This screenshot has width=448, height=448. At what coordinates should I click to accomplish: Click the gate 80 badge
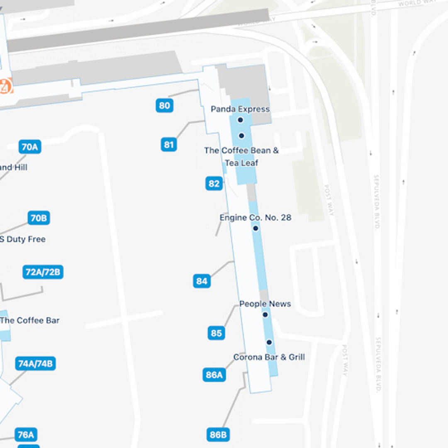[165, 105]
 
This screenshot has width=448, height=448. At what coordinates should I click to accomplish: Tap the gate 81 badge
[168, 144]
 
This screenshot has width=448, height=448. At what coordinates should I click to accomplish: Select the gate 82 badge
[214, 183]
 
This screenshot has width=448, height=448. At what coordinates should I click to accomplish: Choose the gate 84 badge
[202, 281]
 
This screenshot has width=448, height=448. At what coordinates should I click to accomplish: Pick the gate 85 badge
[216, 333]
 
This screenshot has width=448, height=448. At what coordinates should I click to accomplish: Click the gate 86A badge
[214, 375]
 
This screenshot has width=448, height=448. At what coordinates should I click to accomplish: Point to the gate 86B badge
[218, 434]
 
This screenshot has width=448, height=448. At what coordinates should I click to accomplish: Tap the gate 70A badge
[30, 146]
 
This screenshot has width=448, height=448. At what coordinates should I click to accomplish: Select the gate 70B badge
[39, 218]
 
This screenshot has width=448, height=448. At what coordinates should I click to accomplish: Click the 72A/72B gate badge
[43, 272]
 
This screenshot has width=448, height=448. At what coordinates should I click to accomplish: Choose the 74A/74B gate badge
[36, 363]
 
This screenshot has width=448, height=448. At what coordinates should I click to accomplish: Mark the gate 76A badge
[26, 434]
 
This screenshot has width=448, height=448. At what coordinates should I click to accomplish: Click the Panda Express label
[240, 109]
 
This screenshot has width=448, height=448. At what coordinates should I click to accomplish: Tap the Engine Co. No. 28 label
[256, 217]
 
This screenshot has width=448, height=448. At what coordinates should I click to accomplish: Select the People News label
[265, 304]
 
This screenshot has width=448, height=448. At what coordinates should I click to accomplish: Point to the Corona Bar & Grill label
[269, 357]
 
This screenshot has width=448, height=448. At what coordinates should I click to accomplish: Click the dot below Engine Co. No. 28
[256, 228]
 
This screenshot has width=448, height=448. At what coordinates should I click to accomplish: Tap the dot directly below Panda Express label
[240, 120]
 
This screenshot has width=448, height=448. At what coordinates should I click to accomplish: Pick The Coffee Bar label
[30, 320]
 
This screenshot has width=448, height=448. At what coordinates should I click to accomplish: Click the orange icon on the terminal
[5, 87]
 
